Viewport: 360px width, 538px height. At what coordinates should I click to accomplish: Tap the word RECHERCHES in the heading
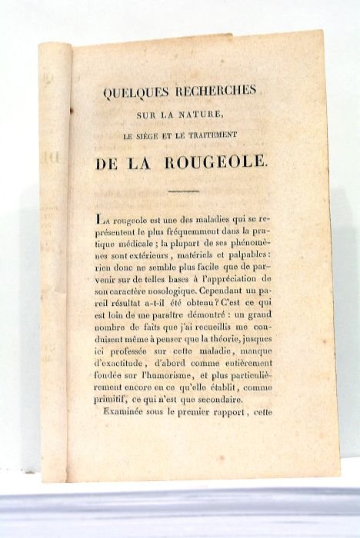pos(215,91)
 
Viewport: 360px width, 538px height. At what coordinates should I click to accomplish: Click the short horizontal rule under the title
pos(182,190)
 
